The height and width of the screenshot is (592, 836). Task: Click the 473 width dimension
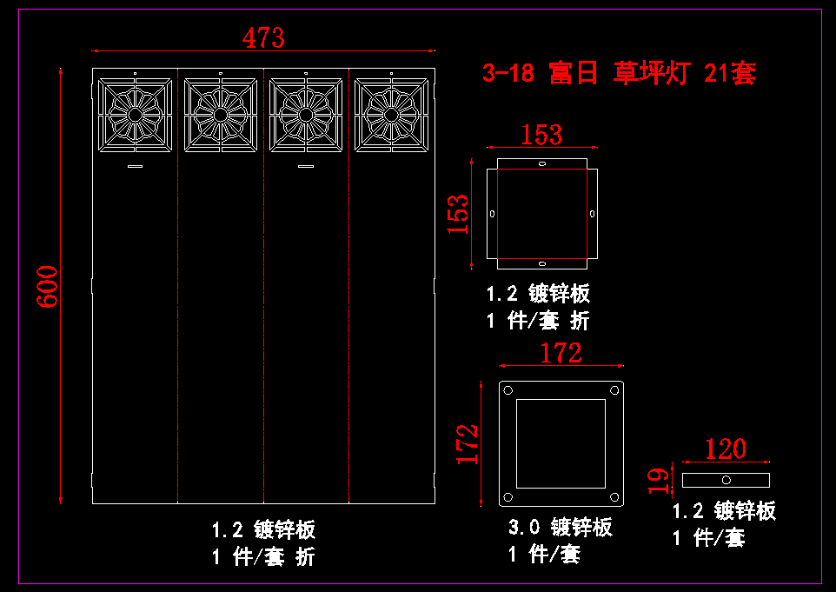[x=263, y=38]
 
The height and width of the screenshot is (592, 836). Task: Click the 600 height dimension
[x=47, y=286]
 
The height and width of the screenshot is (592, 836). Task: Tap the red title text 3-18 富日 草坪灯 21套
[x=619, y=72]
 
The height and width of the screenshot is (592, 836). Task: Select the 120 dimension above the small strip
[x=726, y=449]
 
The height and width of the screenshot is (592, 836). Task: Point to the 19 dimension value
[x=659, y=481]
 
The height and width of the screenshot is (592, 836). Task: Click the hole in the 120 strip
[x=727, y=480]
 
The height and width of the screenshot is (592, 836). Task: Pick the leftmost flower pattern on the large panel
[x=135, y=115]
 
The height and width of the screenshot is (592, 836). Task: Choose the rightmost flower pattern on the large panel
[x=391, y=115]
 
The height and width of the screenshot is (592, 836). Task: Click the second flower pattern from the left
[x=220, y=115]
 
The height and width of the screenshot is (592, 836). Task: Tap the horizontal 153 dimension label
[x=541, y=135]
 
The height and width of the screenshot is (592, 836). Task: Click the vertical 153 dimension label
[x=457, y=214]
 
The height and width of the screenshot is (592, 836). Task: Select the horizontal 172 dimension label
[x=561, y=353]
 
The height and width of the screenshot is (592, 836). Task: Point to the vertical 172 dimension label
[x=467, y=443]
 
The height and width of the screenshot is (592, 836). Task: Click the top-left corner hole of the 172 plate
[x=508, y=390]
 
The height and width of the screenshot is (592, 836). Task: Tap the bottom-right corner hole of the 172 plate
[x=614, y=497]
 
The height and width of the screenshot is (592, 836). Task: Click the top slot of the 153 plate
[x=542, y=163]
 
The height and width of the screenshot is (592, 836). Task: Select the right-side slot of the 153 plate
[x=593, y=214]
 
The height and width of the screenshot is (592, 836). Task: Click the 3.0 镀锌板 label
[x=561, y=527]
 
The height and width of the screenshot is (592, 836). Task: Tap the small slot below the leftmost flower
[x=135, y=166]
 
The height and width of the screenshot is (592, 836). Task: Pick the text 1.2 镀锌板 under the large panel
[x=263, y=529]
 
